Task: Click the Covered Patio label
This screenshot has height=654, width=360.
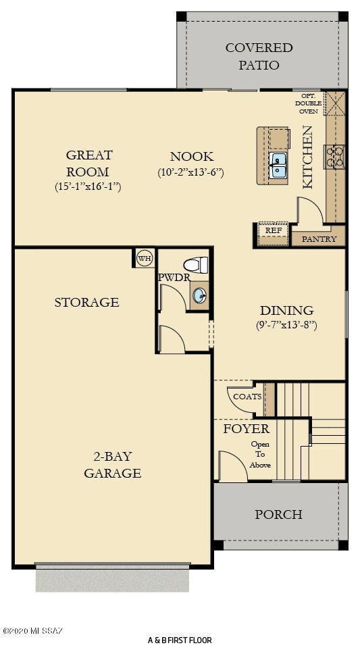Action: (259, 56)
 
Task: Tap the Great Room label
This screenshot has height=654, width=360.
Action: (88, 163)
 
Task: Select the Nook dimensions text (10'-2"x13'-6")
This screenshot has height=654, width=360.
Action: (190, 172)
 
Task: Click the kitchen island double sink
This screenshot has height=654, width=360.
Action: (278, 163)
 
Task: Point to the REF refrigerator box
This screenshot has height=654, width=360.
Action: (273, 230)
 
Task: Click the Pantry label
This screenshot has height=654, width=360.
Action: (319, 238)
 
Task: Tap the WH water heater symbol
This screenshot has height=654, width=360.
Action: (144, 257)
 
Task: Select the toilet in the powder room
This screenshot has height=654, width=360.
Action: (197, 264)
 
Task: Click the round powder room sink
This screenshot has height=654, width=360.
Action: (200, 295)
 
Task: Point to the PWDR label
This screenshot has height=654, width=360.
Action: (174, 277)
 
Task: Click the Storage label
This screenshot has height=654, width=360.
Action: (86, 302)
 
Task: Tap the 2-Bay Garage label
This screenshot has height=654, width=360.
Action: (112, 464)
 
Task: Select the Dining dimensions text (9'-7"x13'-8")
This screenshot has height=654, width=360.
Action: (287, 325)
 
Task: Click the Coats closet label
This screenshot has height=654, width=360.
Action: (247, 397)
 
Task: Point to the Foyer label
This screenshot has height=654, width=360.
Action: (246, 429)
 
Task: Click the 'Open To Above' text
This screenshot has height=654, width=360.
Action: (260, 454)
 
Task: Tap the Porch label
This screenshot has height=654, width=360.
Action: (278, 514)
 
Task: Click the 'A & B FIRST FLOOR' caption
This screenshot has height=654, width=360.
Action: (180, 640)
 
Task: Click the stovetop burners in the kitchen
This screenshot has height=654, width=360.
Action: (334, 156)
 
